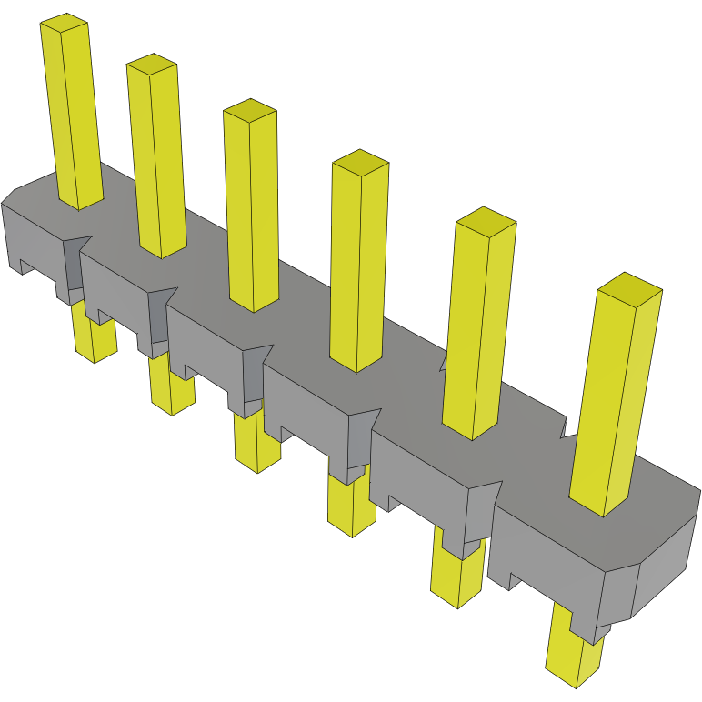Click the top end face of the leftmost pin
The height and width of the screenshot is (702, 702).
point(65,23)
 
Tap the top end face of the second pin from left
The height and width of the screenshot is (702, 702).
point(152,63)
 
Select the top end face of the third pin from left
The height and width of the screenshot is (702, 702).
point(249,108)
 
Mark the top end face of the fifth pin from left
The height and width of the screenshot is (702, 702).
point(486,221)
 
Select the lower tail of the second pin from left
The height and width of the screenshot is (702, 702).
point(172,391)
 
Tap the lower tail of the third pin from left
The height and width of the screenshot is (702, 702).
point(257,446)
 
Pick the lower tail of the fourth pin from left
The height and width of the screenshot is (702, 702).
point(352,506)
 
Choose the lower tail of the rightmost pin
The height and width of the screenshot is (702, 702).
point(575,655)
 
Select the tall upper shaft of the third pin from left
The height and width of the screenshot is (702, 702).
point(252,209)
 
